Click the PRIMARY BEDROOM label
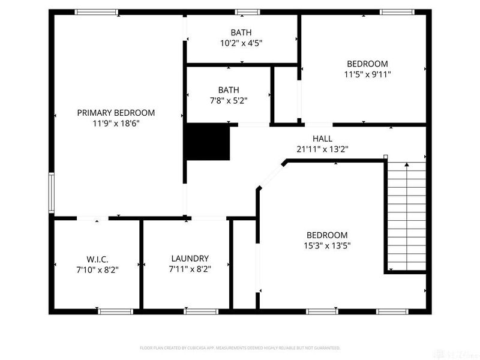[116, 112]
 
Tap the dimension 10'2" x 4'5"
[241, 43]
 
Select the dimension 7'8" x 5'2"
[228, 100]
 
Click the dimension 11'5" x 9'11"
[367, 74]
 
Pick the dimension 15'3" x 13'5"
[327, 245]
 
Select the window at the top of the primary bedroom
[96, 11]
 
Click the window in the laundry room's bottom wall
[200, 311]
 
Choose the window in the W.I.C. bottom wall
[115, 311]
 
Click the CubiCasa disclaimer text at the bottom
[240, 347]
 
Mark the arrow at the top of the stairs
[406, 164]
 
